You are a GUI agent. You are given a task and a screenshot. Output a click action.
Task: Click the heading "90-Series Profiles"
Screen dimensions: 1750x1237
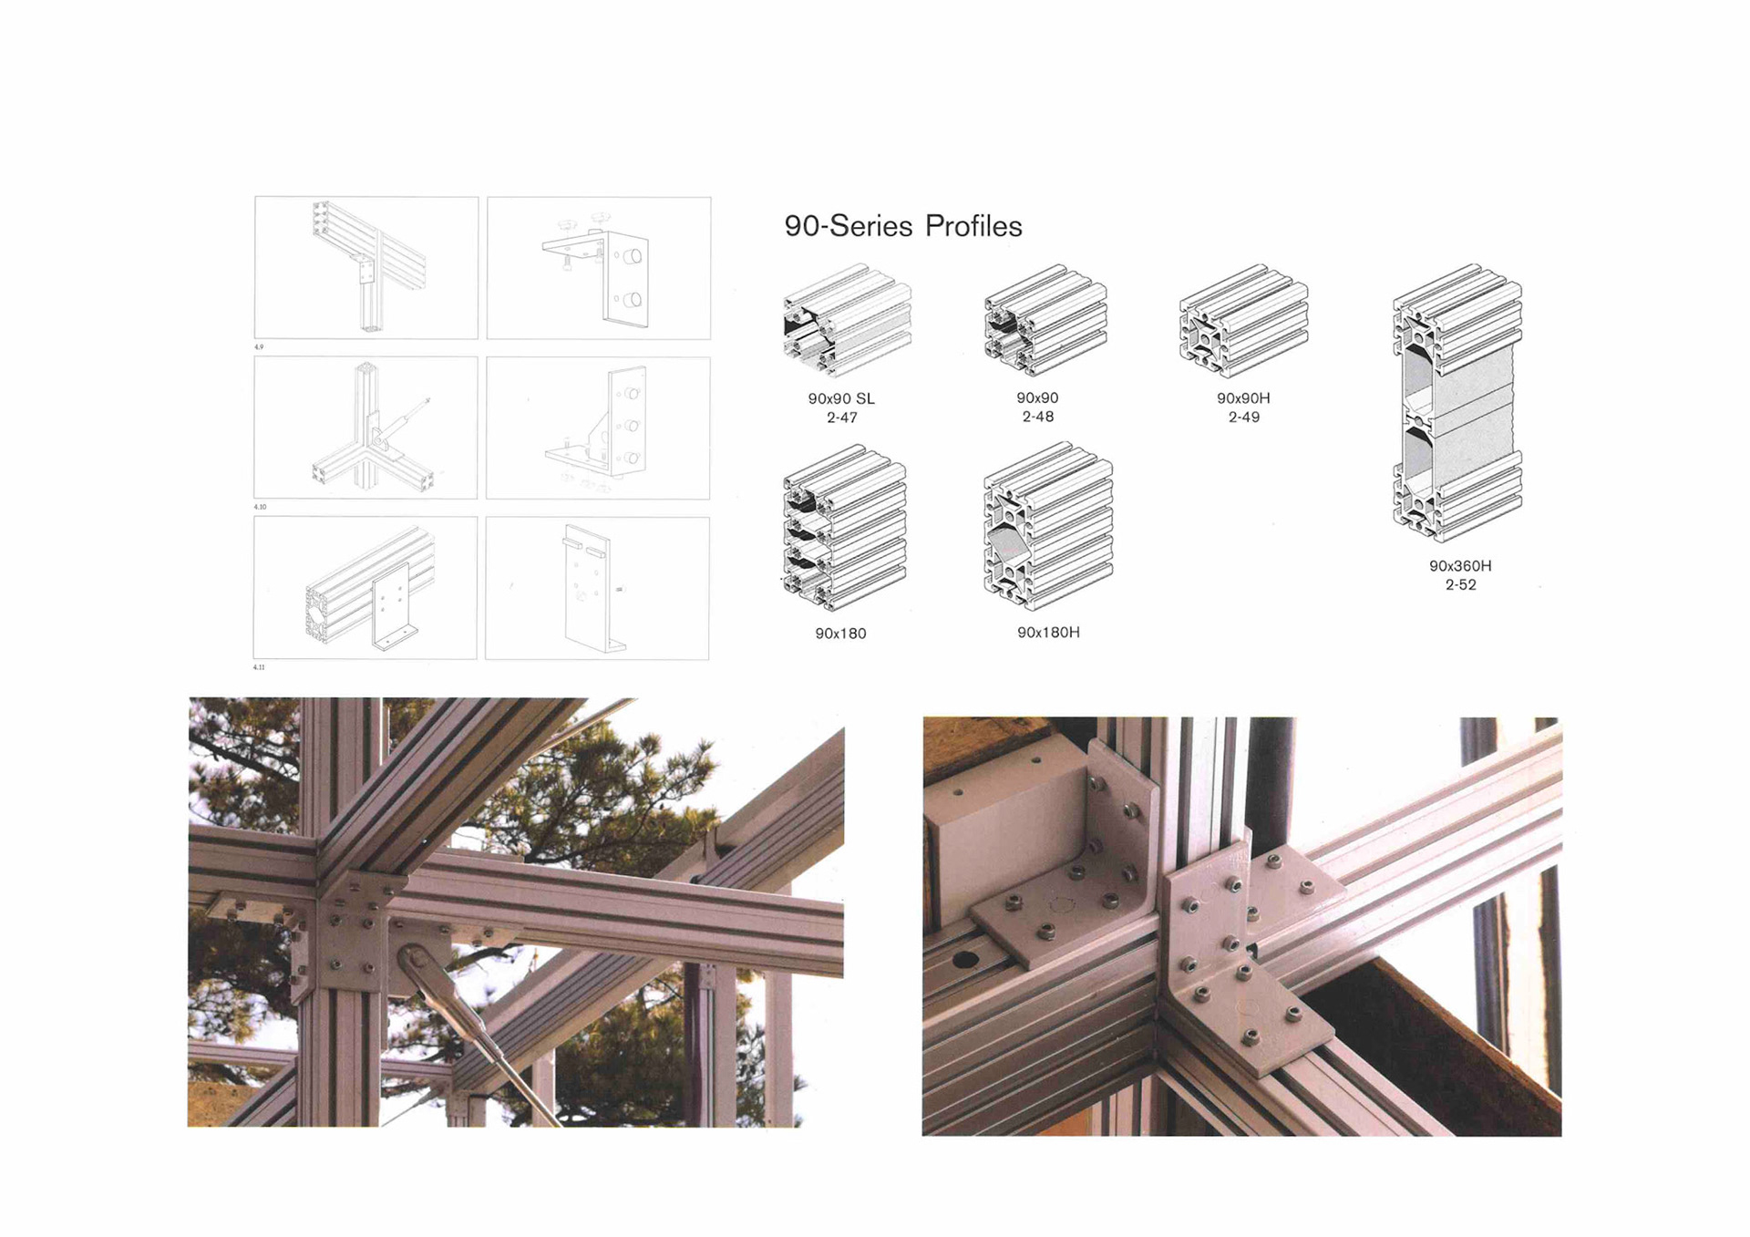903,226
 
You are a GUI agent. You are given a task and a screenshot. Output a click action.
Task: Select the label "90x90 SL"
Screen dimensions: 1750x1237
841,398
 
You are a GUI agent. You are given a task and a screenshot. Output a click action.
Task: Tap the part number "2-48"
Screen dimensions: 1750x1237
1038,417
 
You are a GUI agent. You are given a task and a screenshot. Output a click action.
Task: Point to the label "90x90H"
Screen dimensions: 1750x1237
1243,398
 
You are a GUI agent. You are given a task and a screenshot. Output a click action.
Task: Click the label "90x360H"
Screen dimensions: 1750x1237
1460,565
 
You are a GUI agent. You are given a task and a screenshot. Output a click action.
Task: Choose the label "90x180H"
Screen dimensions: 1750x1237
1049,632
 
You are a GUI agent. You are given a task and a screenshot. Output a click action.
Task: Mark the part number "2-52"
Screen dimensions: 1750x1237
1460,584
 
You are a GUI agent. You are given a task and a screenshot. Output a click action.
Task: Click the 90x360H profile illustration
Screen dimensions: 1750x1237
1457,403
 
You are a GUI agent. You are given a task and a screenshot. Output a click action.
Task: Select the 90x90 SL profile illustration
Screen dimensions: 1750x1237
847,321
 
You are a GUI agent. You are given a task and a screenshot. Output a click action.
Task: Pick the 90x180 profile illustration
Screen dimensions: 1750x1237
844,527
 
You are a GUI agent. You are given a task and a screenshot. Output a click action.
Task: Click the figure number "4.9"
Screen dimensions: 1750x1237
259,347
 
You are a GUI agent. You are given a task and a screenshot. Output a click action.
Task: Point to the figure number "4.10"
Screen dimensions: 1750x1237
261,507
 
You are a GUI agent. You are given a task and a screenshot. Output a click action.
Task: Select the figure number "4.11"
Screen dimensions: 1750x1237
260,667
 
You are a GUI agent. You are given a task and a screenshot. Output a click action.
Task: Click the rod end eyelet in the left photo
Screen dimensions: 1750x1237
416,963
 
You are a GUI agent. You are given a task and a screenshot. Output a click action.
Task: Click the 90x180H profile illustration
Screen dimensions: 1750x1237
1048,526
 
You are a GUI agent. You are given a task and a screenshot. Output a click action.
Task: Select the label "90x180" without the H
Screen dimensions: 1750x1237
840,633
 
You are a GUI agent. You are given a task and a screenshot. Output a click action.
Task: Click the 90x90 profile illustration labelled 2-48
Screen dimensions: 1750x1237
1045,321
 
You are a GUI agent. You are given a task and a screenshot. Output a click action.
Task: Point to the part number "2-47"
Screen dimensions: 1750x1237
842,417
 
